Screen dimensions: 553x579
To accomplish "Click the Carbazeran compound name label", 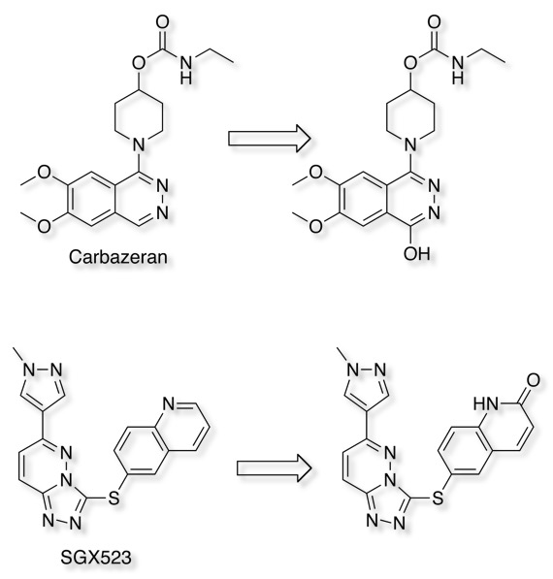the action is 117,257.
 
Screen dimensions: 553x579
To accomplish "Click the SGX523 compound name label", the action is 96,558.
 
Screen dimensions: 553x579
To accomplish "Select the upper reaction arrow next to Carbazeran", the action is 270,138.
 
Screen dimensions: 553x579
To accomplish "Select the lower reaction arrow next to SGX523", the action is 274,468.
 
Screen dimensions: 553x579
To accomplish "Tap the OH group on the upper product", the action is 416,254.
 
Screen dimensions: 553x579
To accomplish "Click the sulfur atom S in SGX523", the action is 114,498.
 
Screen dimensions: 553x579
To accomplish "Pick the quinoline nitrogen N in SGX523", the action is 168,404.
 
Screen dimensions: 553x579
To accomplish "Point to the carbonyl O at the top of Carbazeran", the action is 162,21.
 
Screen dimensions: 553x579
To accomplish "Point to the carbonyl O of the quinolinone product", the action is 533,380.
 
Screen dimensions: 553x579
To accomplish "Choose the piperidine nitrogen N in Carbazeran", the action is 139,145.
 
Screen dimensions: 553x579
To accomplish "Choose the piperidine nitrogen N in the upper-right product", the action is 410,145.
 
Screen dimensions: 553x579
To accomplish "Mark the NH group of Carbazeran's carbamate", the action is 186,71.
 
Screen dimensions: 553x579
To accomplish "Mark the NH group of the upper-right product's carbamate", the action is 458,71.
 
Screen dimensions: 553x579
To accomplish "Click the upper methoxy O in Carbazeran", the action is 45,173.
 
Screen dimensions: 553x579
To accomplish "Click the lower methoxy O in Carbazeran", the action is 44,226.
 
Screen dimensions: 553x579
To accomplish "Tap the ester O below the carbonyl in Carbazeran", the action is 139,63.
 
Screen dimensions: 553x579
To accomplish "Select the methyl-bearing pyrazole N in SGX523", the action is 29,370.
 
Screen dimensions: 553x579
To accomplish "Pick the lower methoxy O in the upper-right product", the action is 315,226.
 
